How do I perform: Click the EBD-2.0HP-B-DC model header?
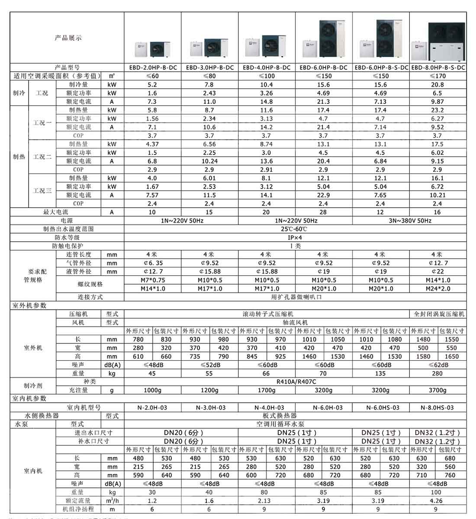click(x=152, y=67)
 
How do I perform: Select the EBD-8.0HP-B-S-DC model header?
click(x=437, y=67)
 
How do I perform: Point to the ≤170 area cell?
click(x=437, y=76)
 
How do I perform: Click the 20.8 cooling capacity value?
click(x=437, y=85)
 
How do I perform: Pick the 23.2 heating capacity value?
click(x=437, y=110)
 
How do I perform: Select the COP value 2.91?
click(x=267, y=170)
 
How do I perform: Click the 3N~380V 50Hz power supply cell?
click(x=409, y=221)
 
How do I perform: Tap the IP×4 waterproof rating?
click(x=295, y=237)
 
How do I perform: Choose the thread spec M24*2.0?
click(x=437, y=288)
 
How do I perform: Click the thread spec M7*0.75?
click(x=152, y=280)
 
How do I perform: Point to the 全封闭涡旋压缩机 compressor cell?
click(x=437, y=314)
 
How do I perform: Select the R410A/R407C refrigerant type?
click(x=295, y=382)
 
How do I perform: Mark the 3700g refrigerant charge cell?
click(x=437, y=390)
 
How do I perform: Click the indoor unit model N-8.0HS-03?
click(x=437, y=407)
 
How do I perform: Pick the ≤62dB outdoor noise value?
click(x=437, y=365)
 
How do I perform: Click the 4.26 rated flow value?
click(x=437, y=501)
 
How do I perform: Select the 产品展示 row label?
click(x=68, y=38)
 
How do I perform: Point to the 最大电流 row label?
click(x=55, y=212)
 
